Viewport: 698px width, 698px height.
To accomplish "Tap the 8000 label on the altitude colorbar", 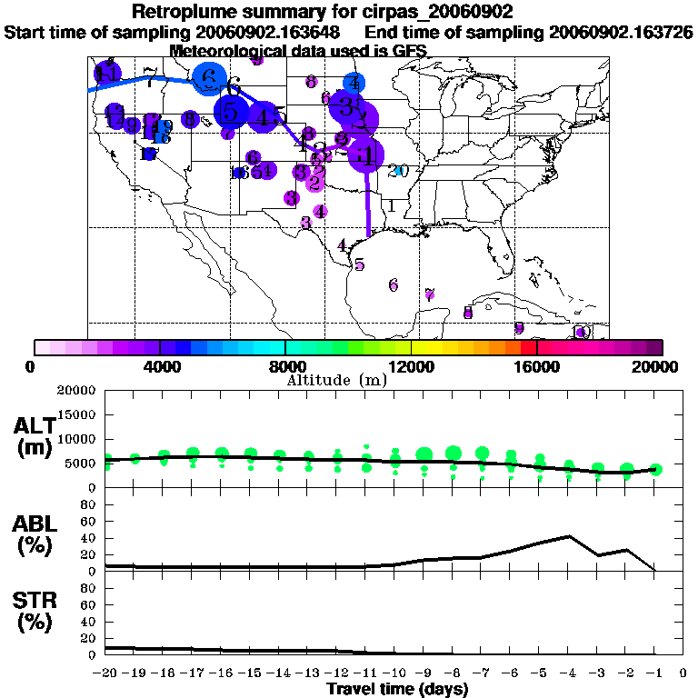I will (285, 367).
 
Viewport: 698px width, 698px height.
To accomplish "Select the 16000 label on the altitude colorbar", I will (536, 367).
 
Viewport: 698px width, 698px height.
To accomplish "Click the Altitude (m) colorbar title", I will (336, 380).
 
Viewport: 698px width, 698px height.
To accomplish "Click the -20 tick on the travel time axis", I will (106, 673).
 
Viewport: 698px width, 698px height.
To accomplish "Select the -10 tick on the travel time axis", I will (396, 673).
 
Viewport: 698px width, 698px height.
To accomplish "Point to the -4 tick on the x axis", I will (570, 673).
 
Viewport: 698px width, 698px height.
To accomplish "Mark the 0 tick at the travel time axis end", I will (684, 673).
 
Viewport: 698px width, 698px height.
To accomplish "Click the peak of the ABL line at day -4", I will (569, 536).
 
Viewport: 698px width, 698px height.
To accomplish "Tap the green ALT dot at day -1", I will (656, 469).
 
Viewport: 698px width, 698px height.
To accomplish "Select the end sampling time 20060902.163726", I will (620, 32).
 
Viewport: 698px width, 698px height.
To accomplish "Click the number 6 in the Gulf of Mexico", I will (394, 285).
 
